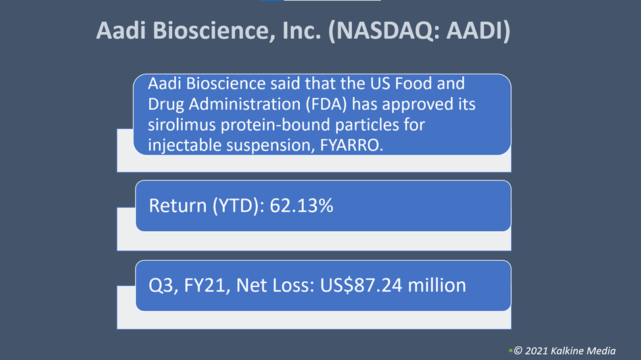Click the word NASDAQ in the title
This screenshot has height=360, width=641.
pyautogui.click(x=385, y=31)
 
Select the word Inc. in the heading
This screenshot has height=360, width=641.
pyautogui.click(x=302, y=31)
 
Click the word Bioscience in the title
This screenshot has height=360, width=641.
pyautogui.click(x=214, y=31)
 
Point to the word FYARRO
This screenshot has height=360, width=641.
pyautogui.click(x=352, y=145)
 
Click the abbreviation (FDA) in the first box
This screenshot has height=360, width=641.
pyautogui.click(x=327, y=104)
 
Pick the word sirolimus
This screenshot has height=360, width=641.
pyautogui.click(x=181, y=125)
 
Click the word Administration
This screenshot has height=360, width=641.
pyautogui.click(x=245, y=104)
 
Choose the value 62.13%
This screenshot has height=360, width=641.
pyautogui.click(x=301, y=206)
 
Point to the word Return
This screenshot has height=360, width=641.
pyautogui.click(x=178, y=206)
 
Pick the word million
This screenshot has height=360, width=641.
pyautogui.click(x=437, y=285)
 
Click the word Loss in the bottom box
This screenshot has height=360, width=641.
pyautogui.click(x=293, y=285)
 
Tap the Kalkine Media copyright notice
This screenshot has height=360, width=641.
pyautogui.click(x=565, y=351)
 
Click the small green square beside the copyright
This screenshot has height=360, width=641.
pyautogui.click(x=511, y=351)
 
